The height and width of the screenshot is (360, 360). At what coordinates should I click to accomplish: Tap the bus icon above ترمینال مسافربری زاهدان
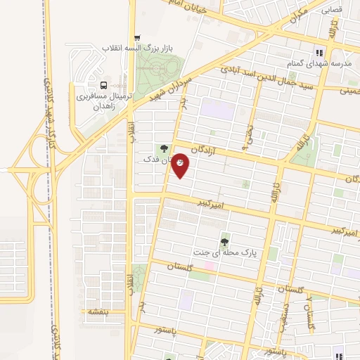(104, 83)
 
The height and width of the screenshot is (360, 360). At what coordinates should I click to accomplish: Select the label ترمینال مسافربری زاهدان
(104, 99)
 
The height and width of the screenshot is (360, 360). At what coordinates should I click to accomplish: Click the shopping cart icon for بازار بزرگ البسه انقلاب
(137, 38)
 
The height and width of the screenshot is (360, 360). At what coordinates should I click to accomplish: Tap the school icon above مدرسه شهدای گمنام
(319, 52)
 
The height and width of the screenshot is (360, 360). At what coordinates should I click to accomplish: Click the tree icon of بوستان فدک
(165, 148)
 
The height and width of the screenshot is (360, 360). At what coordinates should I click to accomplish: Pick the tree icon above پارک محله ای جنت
(225, 241)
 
